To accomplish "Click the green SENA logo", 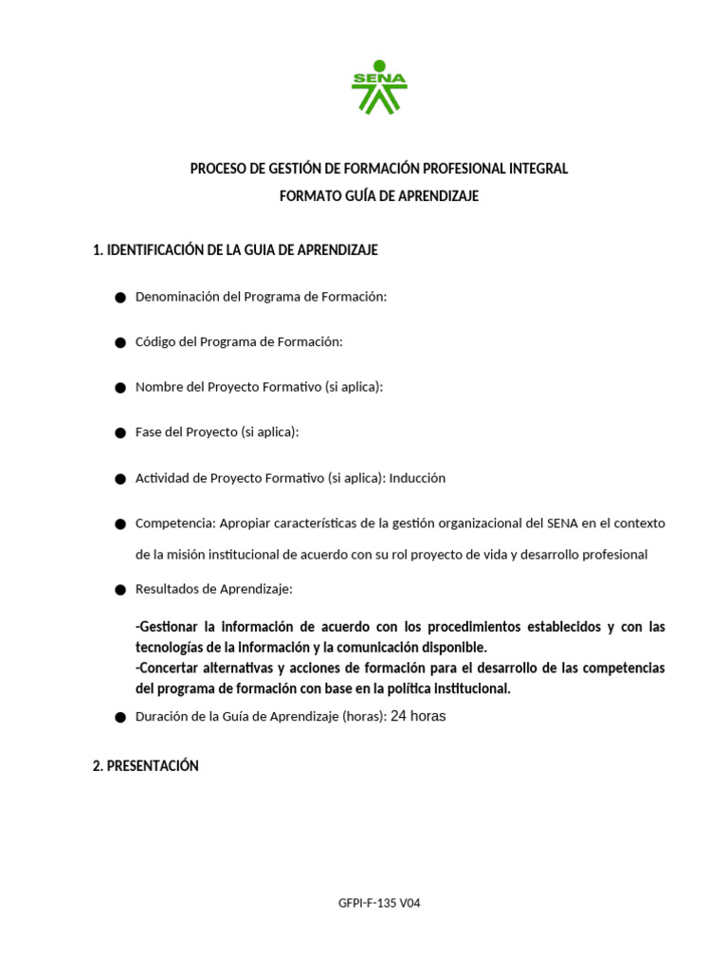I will coord(379,90).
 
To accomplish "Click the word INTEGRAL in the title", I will coord(541,169).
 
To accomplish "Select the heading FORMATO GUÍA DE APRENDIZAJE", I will coord(379,196).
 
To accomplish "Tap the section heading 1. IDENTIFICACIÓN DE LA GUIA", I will coord(235,250).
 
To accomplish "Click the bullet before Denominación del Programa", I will coord(120,298).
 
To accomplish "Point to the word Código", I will coord(155,341).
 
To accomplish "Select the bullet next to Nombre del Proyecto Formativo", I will coord(120,388).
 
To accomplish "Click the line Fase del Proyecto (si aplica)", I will coord(217,432).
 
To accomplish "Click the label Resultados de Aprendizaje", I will coord(214,589).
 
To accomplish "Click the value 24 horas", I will coord(418,717).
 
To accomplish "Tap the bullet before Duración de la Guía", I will coord(120,718).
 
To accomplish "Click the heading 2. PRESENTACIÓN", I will coord(145,766).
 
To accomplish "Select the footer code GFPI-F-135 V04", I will coord(379,904).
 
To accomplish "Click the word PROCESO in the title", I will coord(217,169).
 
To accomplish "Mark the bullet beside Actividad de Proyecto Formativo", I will coord(120,479).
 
